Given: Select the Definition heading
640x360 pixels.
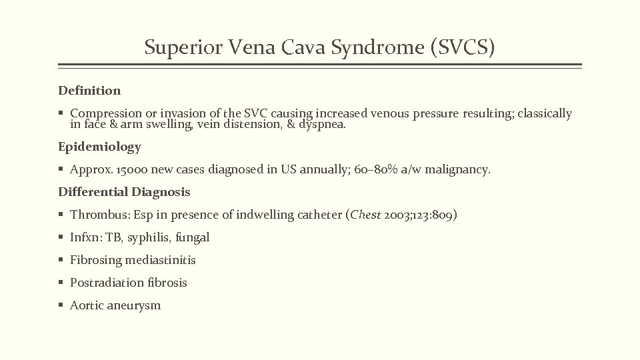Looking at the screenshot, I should [x=89, y=90].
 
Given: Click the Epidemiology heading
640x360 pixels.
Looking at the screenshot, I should [x=99, y=147].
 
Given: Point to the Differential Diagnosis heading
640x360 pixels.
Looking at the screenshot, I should [x=124, y=192].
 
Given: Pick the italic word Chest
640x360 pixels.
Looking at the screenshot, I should [x=366, y=215].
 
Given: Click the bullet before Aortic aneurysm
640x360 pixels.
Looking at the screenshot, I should [x=61, y=305].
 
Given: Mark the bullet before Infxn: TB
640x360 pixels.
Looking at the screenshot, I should [x=61, y=237].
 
